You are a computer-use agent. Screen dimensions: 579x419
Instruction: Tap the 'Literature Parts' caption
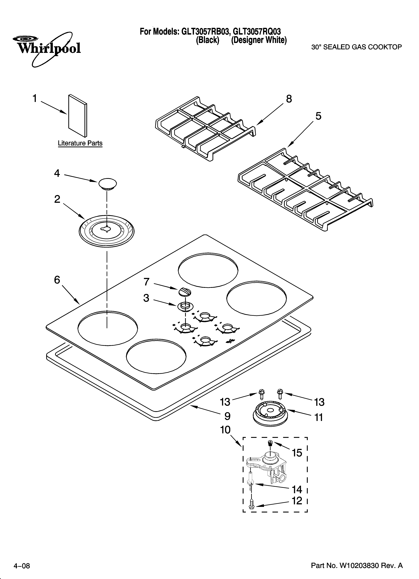(80, 143)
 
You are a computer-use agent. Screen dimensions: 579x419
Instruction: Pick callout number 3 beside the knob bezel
(146, 298)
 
